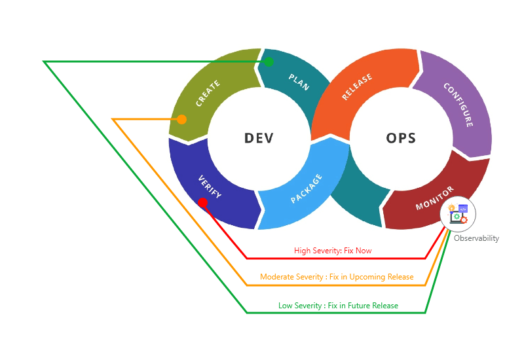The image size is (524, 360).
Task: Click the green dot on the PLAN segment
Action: coord(269,62)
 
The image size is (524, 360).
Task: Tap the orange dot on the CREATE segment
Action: coord(182,119)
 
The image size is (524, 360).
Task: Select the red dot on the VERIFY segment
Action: coord(203,203)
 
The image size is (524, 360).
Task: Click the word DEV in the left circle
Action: coord(259,138)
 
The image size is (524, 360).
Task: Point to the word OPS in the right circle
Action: coord(401,138)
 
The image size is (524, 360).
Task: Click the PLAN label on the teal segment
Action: coord(299,82)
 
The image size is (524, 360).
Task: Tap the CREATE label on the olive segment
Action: coord(208,93)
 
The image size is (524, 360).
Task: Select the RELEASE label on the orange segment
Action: coord(357,87)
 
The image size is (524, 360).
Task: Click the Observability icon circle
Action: coord(458,214)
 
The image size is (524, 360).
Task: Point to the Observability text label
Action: coord(476,238)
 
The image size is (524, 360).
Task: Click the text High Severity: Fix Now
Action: coord(333,251)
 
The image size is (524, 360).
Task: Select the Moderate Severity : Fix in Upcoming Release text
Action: coord(337,277)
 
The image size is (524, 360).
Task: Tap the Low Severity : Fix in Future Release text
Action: coord(338,306)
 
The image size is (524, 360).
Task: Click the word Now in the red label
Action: coord(364,251)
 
